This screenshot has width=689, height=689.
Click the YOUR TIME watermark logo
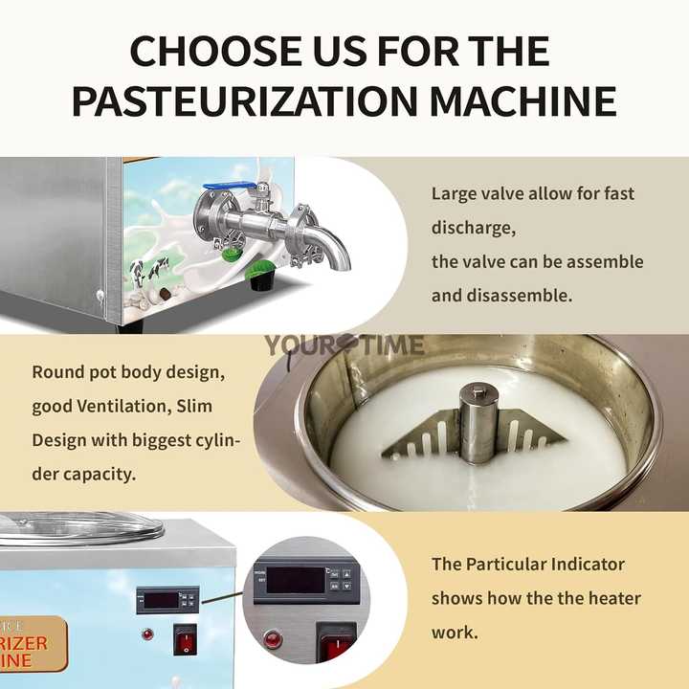(x=344, y=345)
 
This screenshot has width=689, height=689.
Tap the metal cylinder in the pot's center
(x=476, y=422)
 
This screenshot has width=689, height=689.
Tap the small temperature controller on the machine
(x=167, y=600)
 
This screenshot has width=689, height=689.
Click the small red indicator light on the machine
(x=146, y=634)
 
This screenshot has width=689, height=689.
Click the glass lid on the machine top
(x=81, y=530)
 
